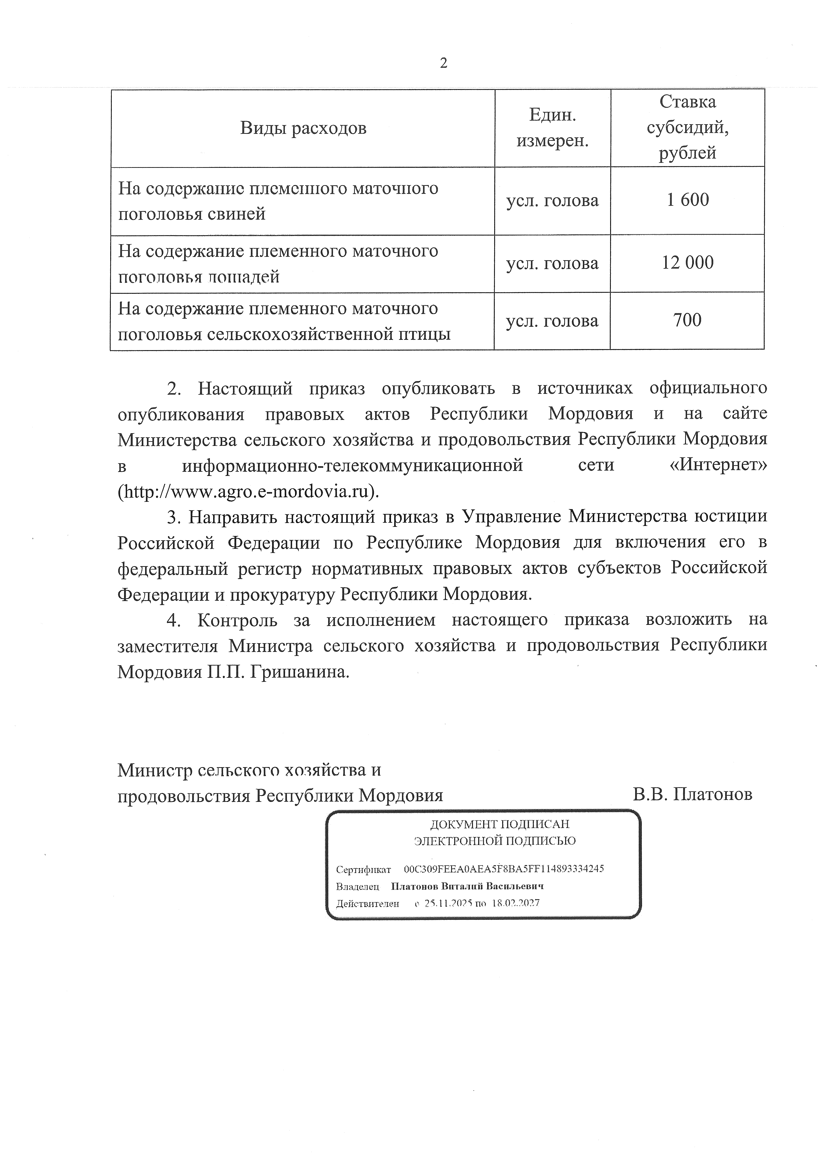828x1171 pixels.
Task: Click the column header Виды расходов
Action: click(303, 128)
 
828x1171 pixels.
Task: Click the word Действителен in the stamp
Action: click(367, 903)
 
